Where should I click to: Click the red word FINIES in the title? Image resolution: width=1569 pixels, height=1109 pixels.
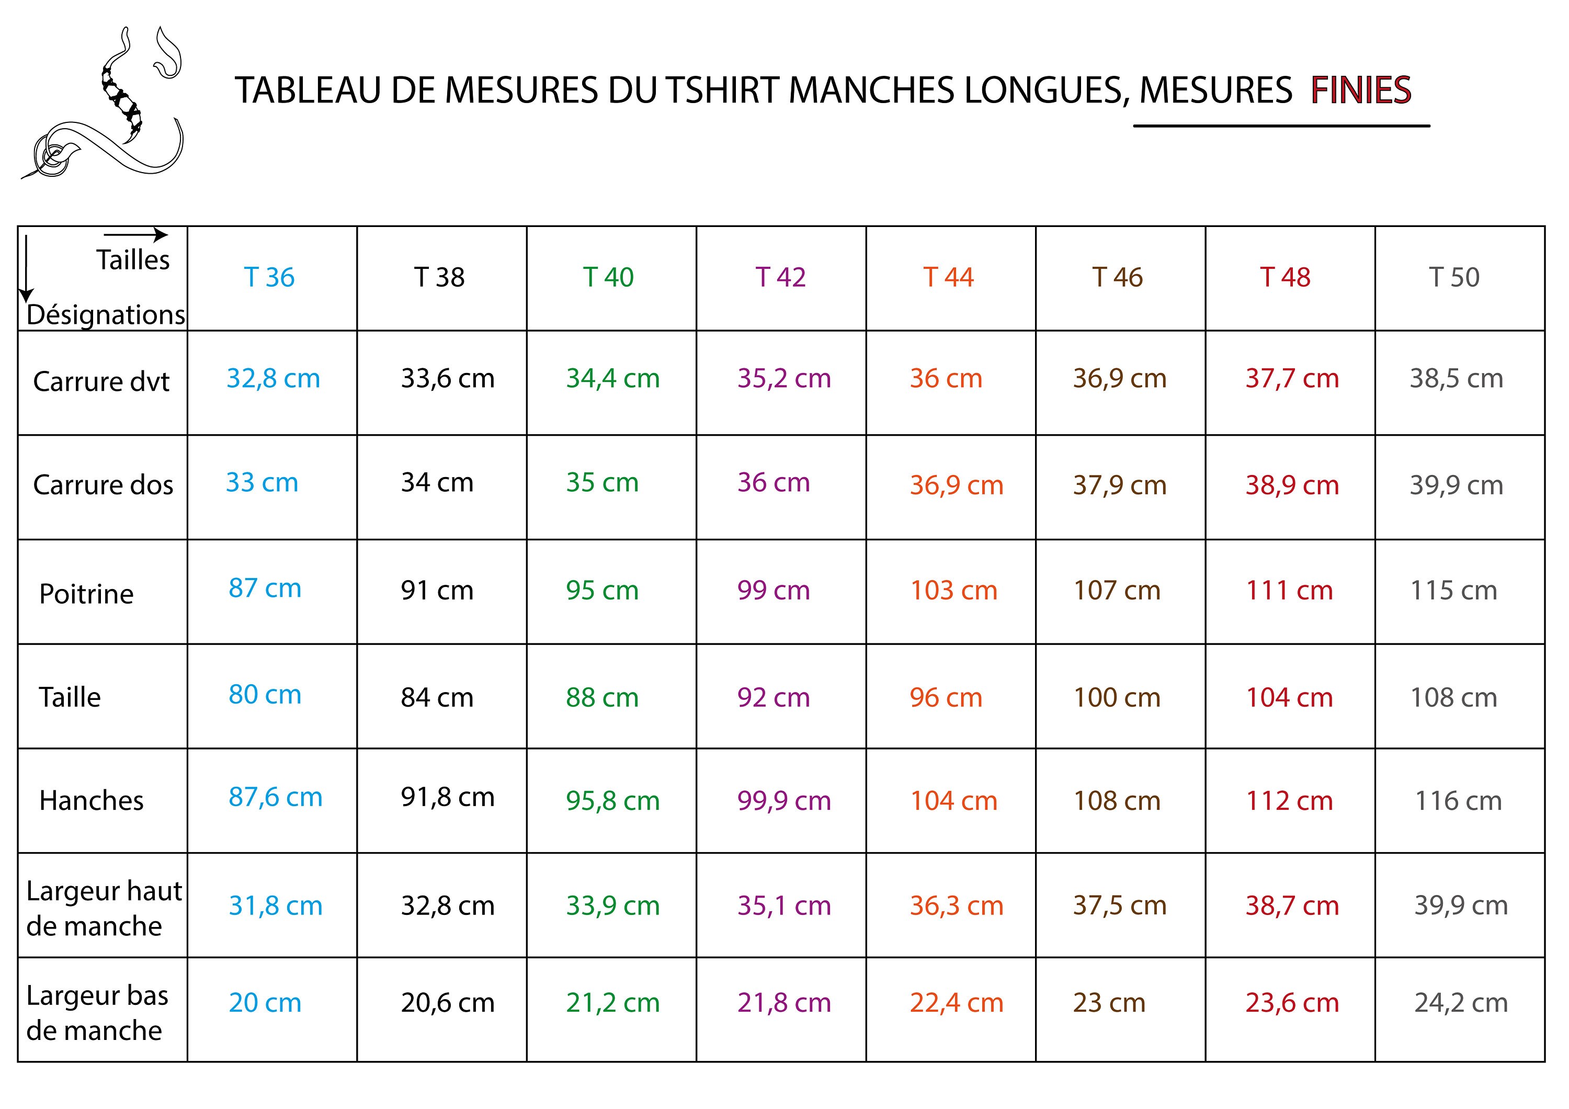(1360, 90)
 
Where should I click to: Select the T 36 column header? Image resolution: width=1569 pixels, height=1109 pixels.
(269, 277)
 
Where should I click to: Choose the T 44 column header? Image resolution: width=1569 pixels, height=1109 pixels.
(949, 277)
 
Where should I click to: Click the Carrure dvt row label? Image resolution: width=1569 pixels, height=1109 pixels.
(101, 381)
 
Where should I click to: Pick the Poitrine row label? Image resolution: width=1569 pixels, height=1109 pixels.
(86, 594)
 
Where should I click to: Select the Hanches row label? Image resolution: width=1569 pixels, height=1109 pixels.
(91, 800)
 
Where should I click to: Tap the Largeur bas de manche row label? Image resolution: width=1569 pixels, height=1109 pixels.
(97, 1013)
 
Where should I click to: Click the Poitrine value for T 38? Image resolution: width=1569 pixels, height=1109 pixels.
(437, 591)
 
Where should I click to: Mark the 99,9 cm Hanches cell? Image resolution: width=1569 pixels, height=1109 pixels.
(784, 801)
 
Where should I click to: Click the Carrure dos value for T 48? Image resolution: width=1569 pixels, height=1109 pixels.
(1292, 485)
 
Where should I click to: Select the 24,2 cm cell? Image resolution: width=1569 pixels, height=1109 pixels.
(1460, 1002)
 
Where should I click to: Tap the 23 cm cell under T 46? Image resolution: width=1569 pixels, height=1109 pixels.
(1109, 1002)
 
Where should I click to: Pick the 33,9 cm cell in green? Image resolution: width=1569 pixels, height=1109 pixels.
(612, 906)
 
